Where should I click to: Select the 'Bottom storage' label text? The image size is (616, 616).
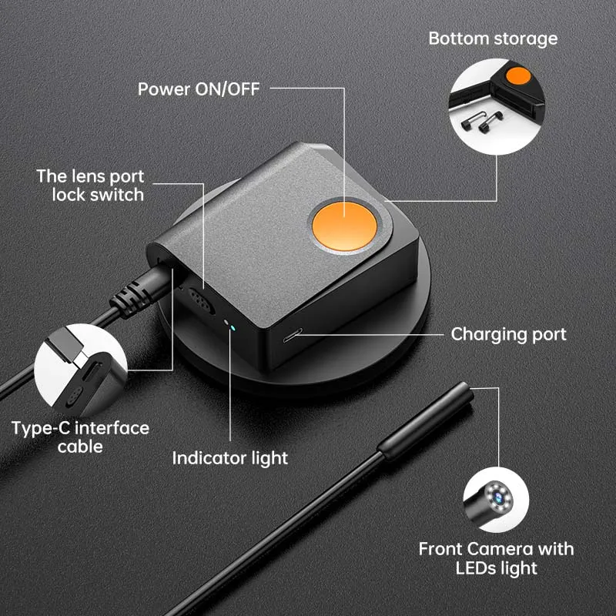click(493, 38)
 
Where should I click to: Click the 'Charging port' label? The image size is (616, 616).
click(508, 334)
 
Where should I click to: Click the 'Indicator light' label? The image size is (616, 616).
click(229, 458)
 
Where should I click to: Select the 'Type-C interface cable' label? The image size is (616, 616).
click(81, 437)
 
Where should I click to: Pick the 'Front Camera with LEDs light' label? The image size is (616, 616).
click(496, 559)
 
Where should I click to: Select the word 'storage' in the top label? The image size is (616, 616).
click(525, 38)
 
